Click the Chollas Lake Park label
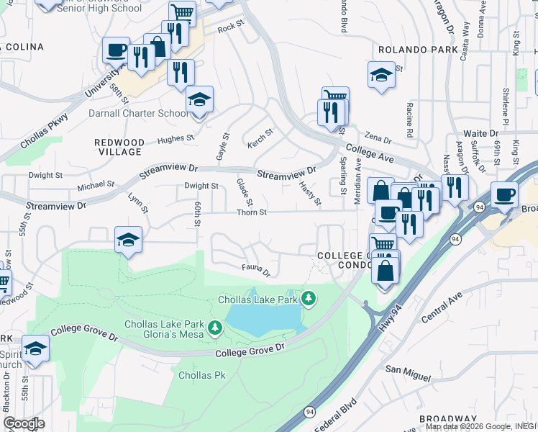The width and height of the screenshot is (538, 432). pos(258,299)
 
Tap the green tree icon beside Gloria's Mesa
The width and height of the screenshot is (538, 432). pos(214,329)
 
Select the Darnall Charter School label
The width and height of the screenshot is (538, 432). pos(139,113)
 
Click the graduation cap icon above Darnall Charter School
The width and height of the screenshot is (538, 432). pos(199,99)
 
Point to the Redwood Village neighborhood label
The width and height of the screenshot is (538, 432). pos(119,147)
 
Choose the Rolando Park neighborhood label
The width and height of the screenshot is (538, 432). pos(418,49)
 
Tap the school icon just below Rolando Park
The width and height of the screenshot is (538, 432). pos(380,74)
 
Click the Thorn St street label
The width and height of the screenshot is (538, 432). pos(252,212)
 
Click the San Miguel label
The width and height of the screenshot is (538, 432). pos(408,372)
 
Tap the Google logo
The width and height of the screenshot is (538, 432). pos(24,423)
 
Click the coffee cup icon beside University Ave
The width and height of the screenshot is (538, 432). pos(116,50)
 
